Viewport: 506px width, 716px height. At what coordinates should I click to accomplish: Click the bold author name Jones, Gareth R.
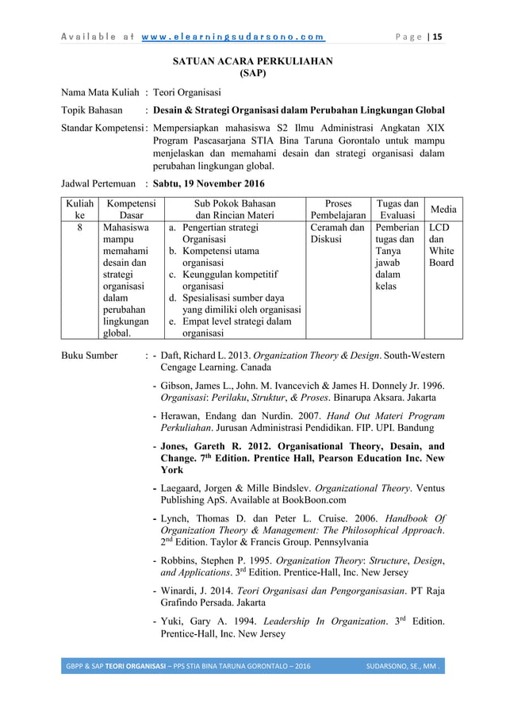pyautogui.click(x=202, y=445)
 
